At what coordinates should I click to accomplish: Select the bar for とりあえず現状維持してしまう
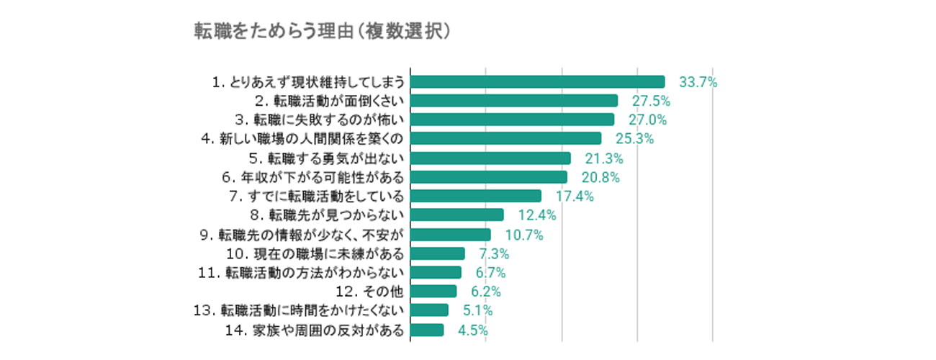(x=537, y=81)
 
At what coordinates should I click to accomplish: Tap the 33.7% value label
(x=698, y=82)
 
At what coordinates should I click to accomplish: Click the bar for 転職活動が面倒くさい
(x=514, y=101)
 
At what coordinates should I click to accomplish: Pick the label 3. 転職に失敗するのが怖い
(x=324, y=120)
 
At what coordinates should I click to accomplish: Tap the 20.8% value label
(x=600, y=177)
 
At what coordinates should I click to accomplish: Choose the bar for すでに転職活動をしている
(x=475, y=196)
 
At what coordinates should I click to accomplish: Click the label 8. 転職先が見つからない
(x=328, y=215)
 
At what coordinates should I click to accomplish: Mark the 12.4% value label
(x=537, y=215)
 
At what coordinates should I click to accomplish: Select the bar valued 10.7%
(x=450, y=234)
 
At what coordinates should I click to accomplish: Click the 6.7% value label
(x=490, y=272)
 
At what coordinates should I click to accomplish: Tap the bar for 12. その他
(x=433, y=291)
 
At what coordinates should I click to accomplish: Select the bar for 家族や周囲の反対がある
(x=427, y=330)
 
